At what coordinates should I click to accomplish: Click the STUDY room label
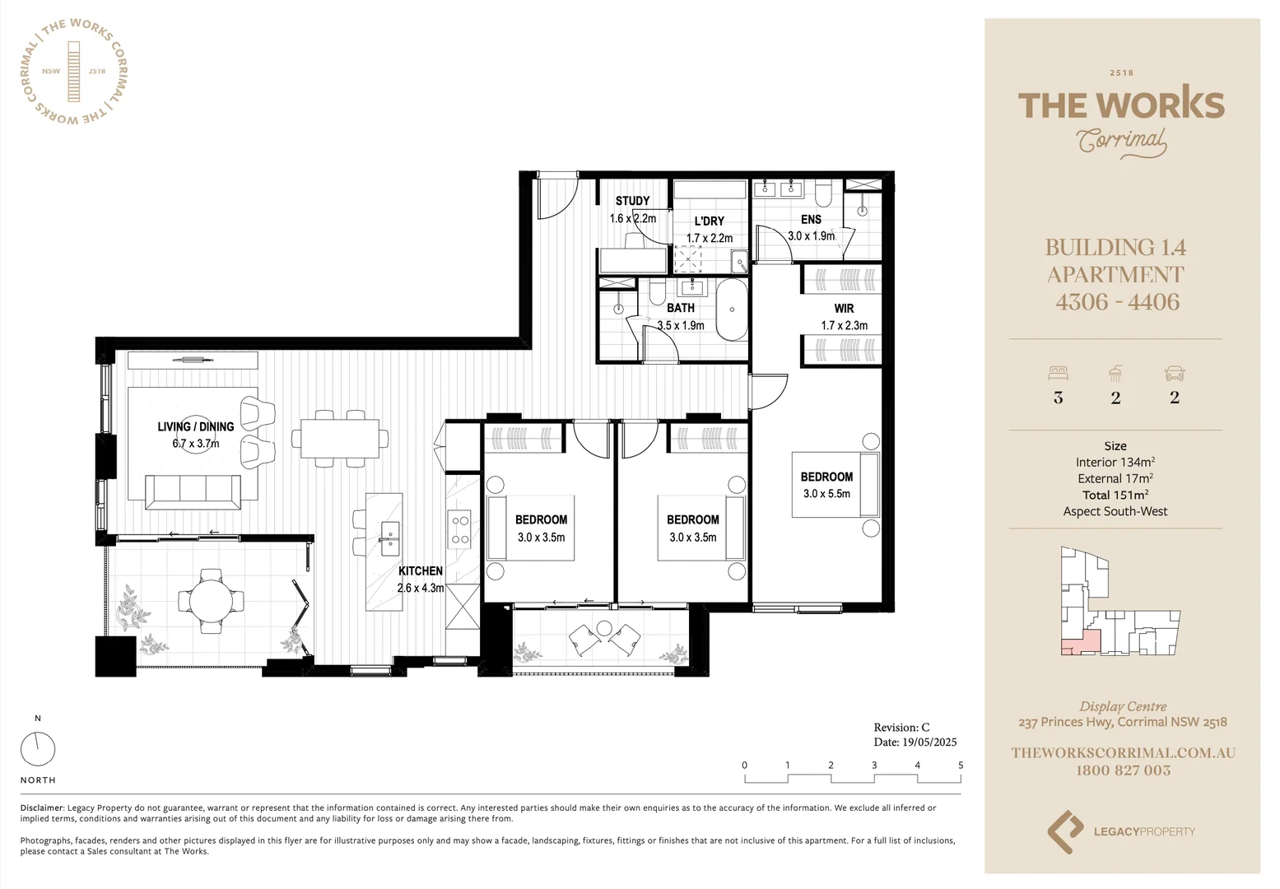pyautogui.click(x=632, y=201)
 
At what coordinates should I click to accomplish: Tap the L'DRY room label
pyautogui.click(x=709, y=221)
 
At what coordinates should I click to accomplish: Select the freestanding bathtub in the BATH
pyautogui.click(x=731, y=310)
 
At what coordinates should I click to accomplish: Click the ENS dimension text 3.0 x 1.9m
pyautogui.click(x=811, y=236)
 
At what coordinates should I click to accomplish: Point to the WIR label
pyautogui.click(x=844, y=309)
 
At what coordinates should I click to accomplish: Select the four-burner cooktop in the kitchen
pyautogui.click(x=458, y=529)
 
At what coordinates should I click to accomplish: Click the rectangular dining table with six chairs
pyautogui.click(x=340, y=439)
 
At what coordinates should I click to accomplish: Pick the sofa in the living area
pyautogui.click(x=193, y=491)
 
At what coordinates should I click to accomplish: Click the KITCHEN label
pyautogui.click(x=421, y=571)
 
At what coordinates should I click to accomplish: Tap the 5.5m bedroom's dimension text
pyautogui.click(x=826, y=494)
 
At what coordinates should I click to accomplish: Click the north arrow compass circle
pyautogui.click(x=38, y=749)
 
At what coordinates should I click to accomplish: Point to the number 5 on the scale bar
pyautogui.click(x=961, y=766)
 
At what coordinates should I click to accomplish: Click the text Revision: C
pyautogui.click(x=901, y=728)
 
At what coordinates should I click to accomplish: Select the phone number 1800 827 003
pyautogui.click(x=1123, y=770)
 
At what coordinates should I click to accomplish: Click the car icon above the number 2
pyautogui.click(x=1174, y=374)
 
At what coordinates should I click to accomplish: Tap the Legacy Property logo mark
pyautogui.click(x=1065, y=831)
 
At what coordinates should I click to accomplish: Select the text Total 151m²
pyautogui.click(x=1115, y=495)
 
